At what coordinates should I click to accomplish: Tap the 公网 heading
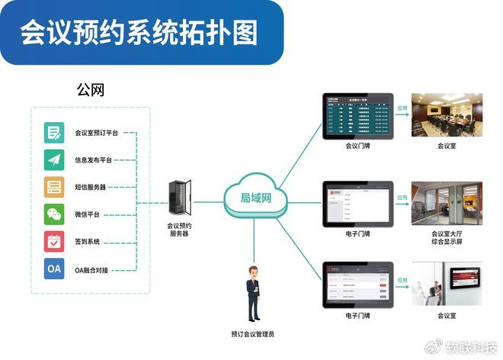pos(90,90)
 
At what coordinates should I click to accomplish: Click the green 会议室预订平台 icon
pos(54,133)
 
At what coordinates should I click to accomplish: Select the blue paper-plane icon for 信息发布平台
pos(54,160)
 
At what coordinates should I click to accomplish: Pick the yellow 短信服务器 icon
pos(54,187)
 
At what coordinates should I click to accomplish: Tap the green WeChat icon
pos(54,214)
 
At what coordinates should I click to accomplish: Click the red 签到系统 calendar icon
pos(54,242)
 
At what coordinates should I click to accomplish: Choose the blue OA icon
pos(54,269)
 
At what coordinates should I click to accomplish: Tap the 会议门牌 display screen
pos(357,114)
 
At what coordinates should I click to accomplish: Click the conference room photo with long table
pos(446,114)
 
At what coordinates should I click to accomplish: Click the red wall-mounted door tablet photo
pos(446,284)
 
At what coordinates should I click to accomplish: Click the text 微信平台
pos(88,214)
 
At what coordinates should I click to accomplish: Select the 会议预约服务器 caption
pos(180,230)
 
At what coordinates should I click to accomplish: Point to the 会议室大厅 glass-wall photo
pos(446,203)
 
